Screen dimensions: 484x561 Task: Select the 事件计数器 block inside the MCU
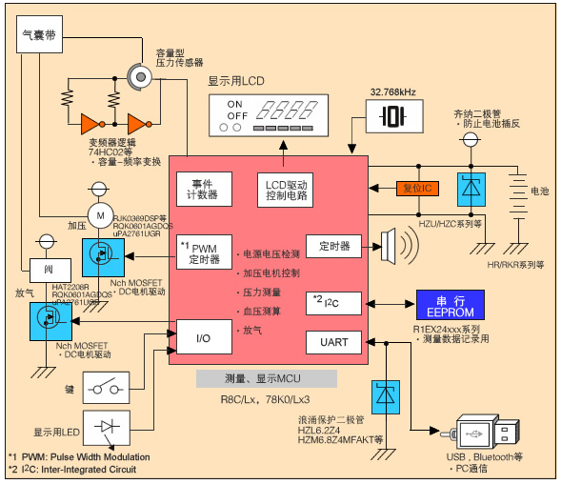pos(202,189)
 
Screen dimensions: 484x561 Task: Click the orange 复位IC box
pos(416,189)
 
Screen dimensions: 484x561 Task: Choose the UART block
pos(333,341)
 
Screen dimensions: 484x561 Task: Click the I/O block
pos(203,336)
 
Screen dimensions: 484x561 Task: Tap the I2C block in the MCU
pos(333,303)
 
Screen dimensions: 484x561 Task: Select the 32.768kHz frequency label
pos(391,92)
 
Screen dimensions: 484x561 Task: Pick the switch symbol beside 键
pos(112,388)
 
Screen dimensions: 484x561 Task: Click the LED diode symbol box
pos(112,429)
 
